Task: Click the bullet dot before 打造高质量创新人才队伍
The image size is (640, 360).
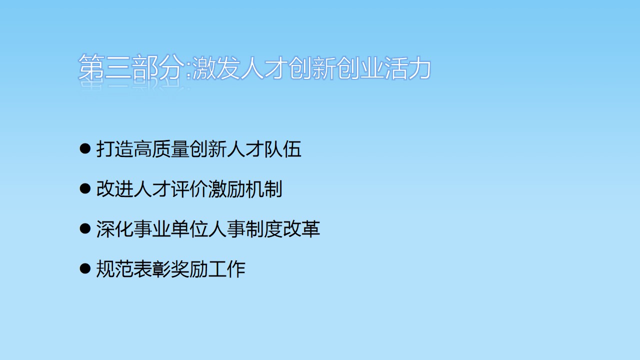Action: [x=85, y=149]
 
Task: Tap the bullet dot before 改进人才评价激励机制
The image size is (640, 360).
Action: [x=85, y=189]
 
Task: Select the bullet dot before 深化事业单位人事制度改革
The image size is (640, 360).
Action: [x=85, y=229]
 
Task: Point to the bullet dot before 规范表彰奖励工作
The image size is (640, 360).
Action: [x=85, y=269]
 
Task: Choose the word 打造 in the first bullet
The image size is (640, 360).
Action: [x=115, y=149]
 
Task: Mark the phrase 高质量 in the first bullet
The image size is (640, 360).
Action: [x=161, y=149]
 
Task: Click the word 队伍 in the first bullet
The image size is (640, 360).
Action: [x=283, y=149]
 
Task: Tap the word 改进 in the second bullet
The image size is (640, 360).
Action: [x=115, y=189]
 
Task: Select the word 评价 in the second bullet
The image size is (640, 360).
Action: [x=189, y=189]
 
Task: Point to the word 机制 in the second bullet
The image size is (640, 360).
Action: [x=263, y=189]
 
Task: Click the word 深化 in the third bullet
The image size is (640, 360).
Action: [x=115, y=229]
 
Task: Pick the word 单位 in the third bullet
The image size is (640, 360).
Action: [x=189, y=229]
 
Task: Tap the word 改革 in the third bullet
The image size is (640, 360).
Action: [x=301, y=229]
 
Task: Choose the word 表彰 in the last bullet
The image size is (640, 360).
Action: [x=152, y=269]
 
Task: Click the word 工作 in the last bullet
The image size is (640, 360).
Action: [x=226, y=269]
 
